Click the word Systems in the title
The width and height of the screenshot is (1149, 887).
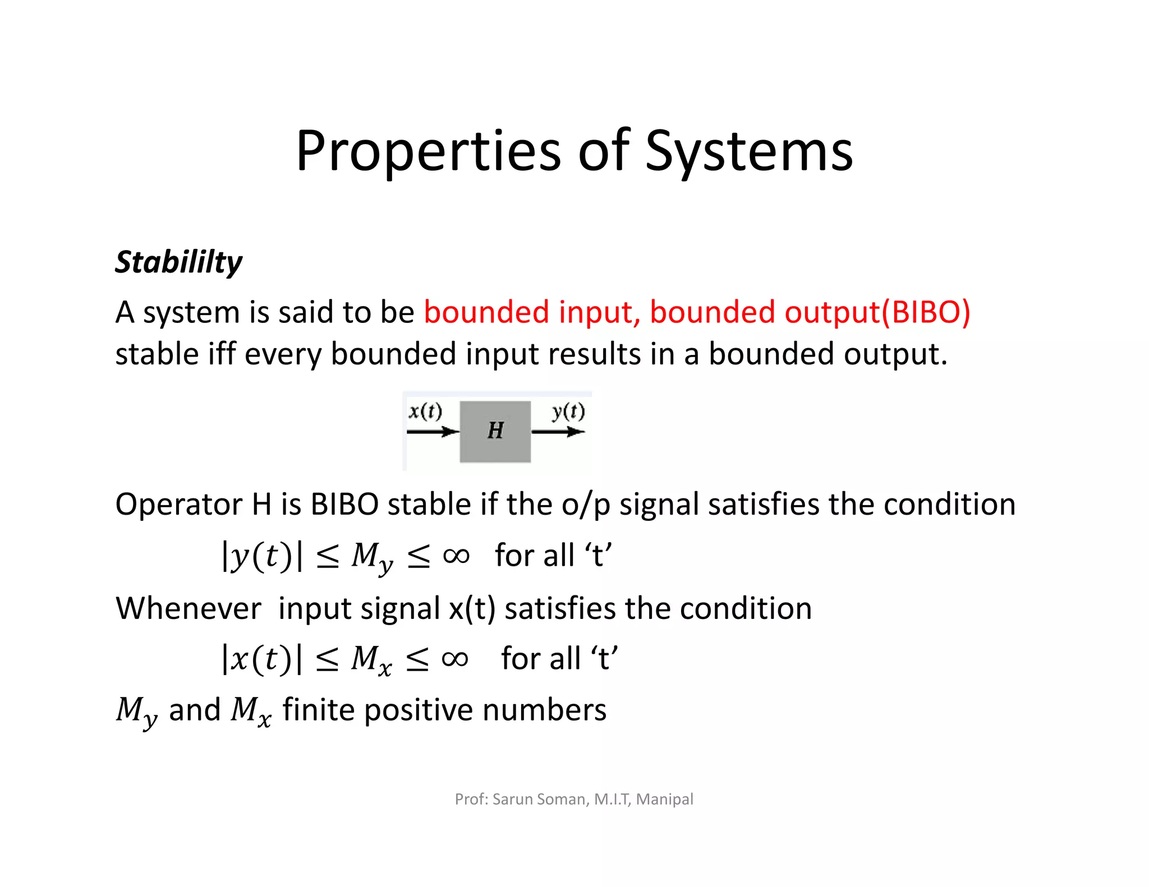click(x=748, y=151)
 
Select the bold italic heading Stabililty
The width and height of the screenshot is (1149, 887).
click(x=178, y=262)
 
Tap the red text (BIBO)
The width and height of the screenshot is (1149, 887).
click(x=926, y=312)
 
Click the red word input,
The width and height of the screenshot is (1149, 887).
click(x=599, y=313)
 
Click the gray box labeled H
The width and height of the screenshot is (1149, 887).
click(x=495, y=431)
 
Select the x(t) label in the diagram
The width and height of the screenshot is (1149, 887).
click(x=425, y=412)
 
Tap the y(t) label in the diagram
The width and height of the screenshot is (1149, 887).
click(x=568, y=412)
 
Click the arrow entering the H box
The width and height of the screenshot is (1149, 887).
click(x=433, y=432)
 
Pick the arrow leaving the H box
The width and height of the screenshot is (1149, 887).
click(x=558, y=432)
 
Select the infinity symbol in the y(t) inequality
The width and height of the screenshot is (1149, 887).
click(x=456, y=556)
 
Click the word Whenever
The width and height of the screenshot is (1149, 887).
click(x=189, y=608)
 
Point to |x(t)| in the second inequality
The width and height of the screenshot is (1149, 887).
click(x=262, y=659)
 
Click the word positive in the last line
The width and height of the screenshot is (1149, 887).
click(x=419, y=710)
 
